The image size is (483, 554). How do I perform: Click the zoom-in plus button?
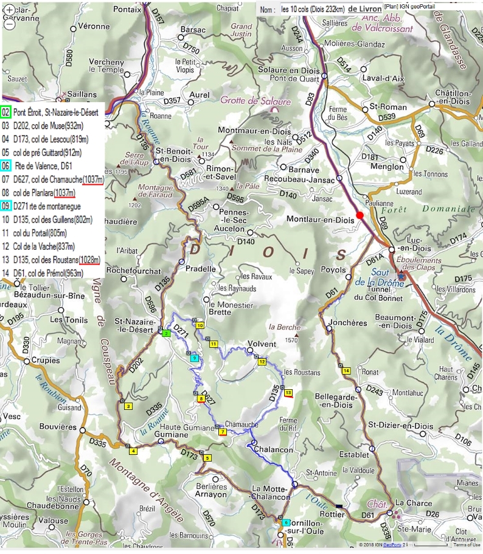coord(9,10)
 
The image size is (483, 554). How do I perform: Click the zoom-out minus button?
coord(9,25)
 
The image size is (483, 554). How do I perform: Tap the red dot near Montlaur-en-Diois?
coord(360,215)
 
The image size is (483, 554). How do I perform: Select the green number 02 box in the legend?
coord(6,113)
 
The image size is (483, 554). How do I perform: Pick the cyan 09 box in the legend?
coord(6,206)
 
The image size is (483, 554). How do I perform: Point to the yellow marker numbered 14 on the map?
coord(346,371)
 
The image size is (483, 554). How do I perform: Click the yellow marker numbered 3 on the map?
coord(128,407)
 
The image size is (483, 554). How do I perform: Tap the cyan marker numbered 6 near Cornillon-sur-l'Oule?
coord(285,522)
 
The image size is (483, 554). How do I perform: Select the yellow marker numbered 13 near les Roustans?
coord(288,393)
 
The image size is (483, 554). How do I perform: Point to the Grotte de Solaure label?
coord(255,101)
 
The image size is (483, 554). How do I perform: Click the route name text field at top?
coord(313,9)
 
